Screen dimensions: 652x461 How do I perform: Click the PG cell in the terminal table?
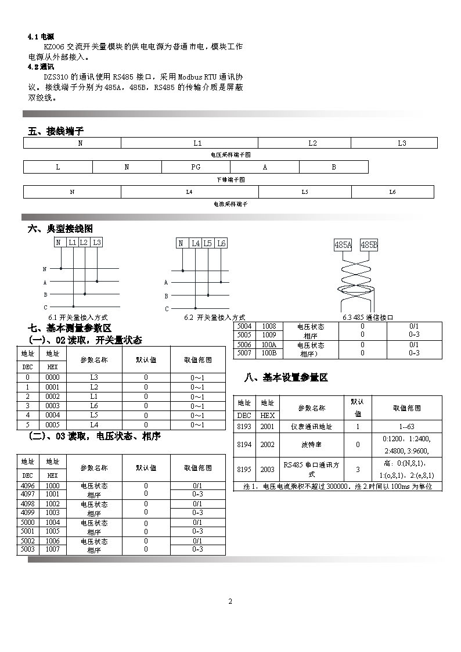[x=196, y=167]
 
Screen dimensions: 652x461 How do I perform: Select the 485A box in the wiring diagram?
[x=343, y=245]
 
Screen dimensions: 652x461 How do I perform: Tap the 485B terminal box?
[x=369, y=245]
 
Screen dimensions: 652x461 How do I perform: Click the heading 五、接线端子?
[x=56, y=131]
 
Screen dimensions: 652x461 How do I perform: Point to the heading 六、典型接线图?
[x=60, y=229]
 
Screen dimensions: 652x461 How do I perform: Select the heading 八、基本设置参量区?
[x=286, y=378]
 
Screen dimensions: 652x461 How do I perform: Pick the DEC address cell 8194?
[x=244, y=444]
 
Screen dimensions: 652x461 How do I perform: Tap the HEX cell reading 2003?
[x=268, y=469]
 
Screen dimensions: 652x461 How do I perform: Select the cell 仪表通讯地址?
[x=311, y=426]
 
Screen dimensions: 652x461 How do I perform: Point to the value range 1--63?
[x=406, y=426]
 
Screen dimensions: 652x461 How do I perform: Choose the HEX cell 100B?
[x=269, y=353]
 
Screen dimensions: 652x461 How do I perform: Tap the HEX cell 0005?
[x=52, y=424]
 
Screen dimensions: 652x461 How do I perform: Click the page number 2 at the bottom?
[x=230, y=601]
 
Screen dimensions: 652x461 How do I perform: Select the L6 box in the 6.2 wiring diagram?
[x=221, y=244]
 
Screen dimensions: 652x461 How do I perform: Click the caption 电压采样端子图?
[x=230, y=155]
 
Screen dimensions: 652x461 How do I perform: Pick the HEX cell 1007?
[x=52, y=549]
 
